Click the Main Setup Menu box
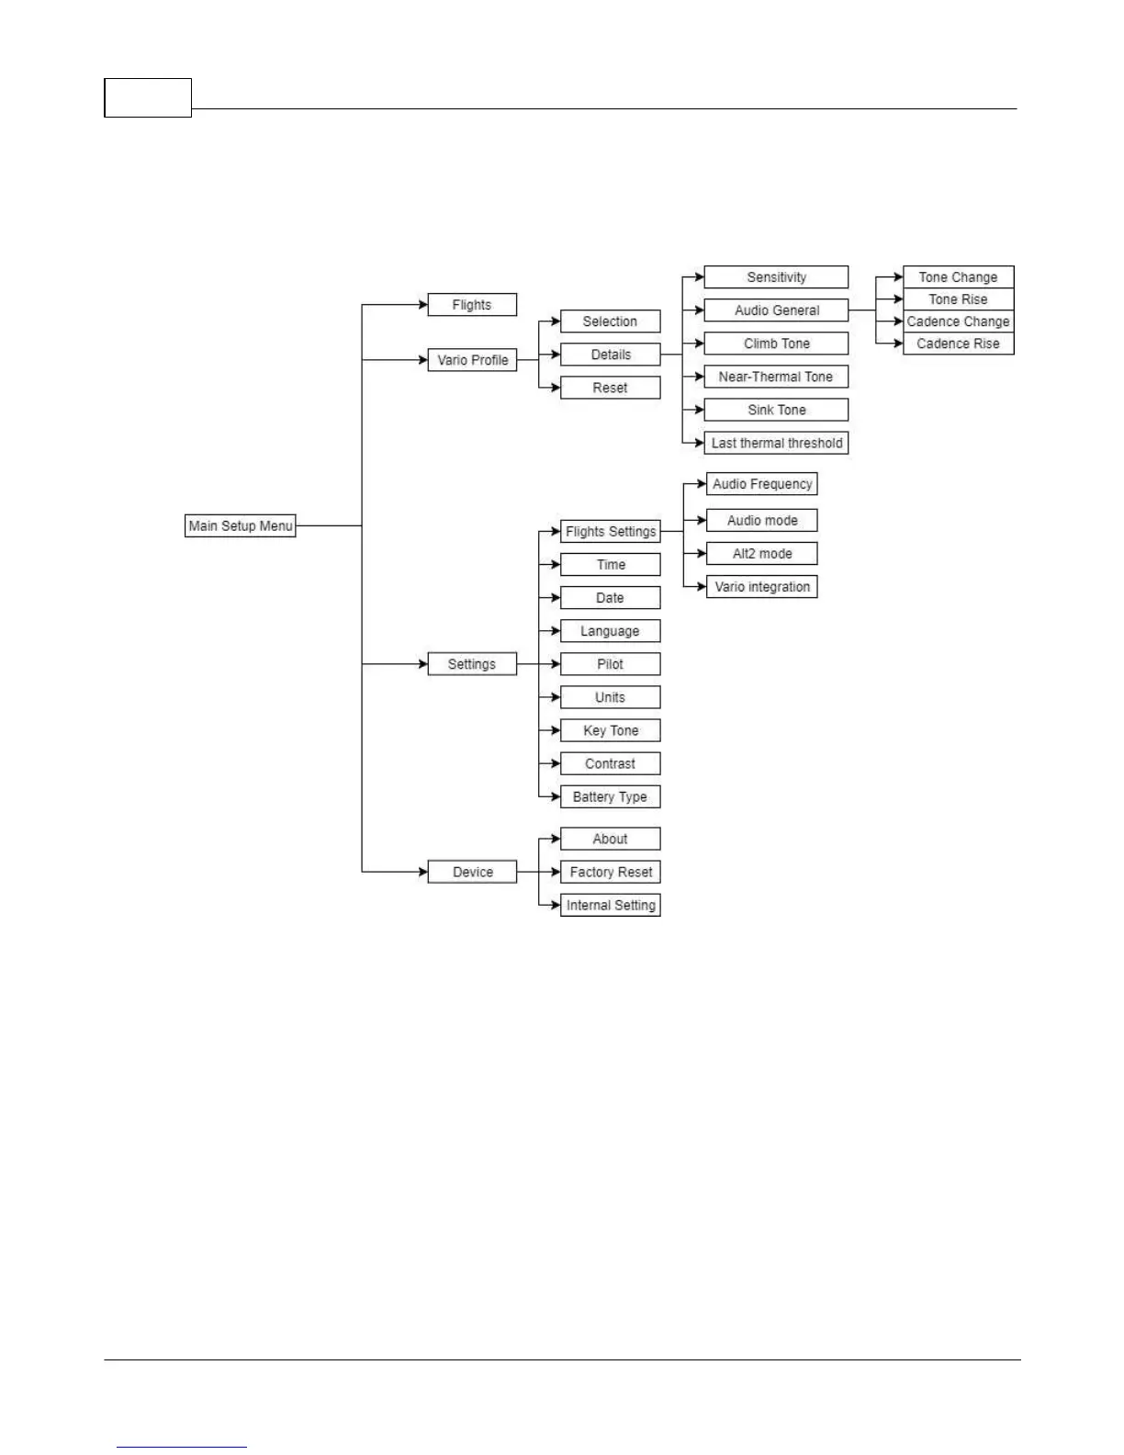coord(240,525)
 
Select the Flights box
coord(472,305)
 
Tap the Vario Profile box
coord(472,360)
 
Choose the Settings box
coord(472,664)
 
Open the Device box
coord(472,872)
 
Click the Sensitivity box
coord(776,277)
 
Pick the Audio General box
coord(776,310)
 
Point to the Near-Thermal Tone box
coord(776,377)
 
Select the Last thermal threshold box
coord(776,443)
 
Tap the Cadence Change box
coord(958,321)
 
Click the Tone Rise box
coord(958,299)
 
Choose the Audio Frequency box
coord(761,484)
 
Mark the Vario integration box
coord(761,587)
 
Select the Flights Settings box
coord(611,532)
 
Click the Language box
coord(610,631)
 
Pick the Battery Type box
coord(610,796)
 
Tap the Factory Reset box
coord(611,872)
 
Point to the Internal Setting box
coord(611,905)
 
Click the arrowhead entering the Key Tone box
coord(555,730)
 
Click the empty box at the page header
coord(148,97)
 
